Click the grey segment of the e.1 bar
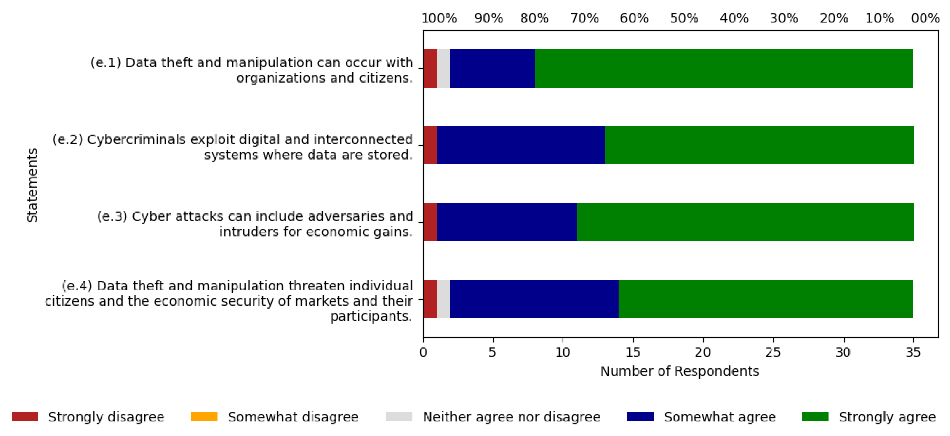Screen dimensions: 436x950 tap(444, 69)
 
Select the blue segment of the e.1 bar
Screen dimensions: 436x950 tap(492, 69)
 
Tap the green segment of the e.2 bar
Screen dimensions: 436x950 tap(759, 145)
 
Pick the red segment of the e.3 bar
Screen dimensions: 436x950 tap(430, 222)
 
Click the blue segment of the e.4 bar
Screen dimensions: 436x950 tap(534, 299)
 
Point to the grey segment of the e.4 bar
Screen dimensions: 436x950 tap(444, 299)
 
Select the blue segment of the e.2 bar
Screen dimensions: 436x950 tap(521, 145)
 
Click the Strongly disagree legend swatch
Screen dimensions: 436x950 tap(25, 416)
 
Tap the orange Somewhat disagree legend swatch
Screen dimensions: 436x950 tap(204, 416)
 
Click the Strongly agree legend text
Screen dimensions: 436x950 tap(887, 417)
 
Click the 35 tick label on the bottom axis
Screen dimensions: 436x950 tap(913, 353)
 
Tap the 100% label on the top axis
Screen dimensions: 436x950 tap(439, 18)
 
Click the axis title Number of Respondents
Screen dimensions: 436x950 tap(680, 371)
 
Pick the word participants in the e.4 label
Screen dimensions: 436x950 tap(371, 316)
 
